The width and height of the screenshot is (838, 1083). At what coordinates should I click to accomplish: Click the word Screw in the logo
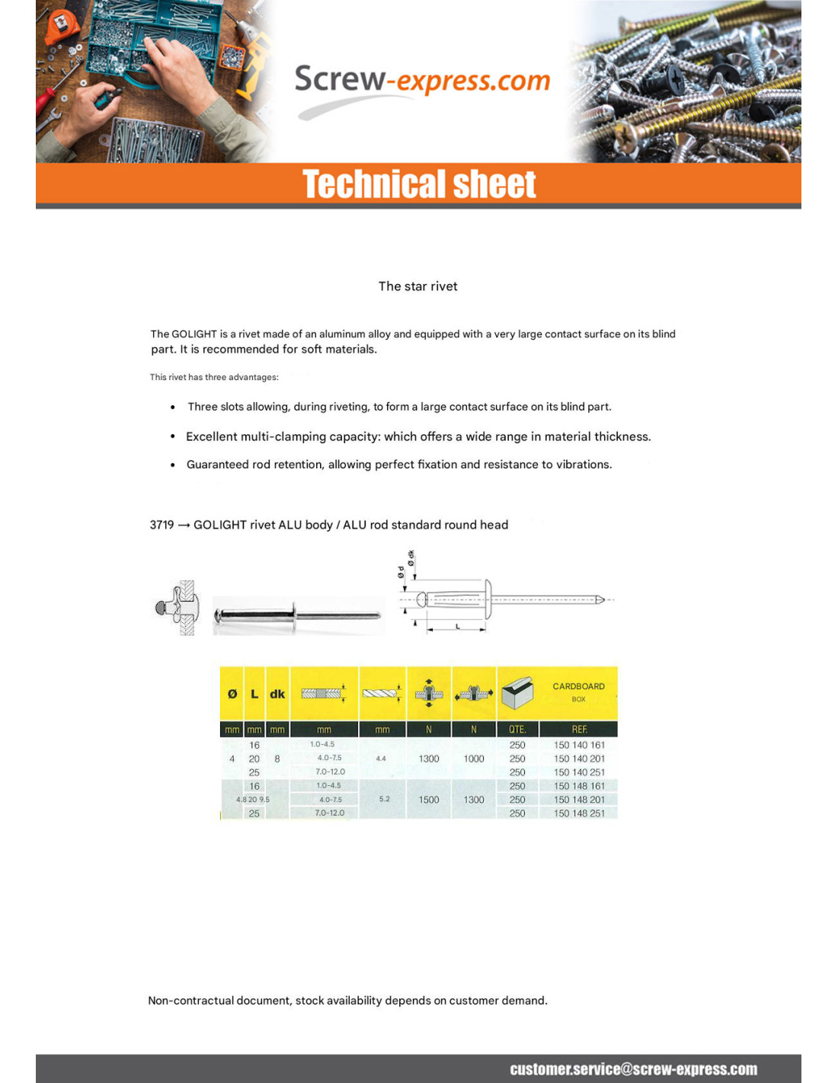pos(340,79)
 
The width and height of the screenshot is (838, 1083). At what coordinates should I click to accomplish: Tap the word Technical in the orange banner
pos(369,184)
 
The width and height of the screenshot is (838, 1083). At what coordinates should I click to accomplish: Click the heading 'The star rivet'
pos(417,286)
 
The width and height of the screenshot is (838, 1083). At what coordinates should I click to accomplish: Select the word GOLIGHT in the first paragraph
pos(194,334)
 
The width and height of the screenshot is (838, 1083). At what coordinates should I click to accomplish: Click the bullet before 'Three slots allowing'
pos(173,407)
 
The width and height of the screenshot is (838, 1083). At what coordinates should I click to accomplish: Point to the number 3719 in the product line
pos(162,525)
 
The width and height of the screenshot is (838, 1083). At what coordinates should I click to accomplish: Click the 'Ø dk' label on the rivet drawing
pos(411,557)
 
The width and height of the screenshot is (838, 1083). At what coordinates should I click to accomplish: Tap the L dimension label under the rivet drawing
pos(457,626)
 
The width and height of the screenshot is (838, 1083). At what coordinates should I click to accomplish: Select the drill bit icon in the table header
pos(382,693)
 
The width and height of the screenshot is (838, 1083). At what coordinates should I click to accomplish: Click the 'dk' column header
pos(277,694)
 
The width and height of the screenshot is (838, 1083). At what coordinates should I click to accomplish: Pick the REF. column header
pos(579,730)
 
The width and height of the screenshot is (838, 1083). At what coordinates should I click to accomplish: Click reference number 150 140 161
pos(579,745)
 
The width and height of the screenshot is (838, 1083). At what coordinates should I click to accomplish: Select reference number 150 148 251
pos(579,813)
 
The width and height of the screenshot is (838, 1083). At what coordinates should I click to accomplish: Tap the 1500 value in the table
pos(429,800)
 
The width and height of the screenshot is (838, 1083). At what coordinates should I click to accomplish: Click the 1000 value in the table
pos(474,759)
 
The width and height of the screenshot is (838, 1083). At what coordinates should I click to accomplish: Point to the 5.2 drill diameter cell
pos(384,799)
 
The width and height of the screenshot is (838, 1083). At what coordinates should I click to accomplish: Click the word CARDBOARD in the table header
pos(578,686)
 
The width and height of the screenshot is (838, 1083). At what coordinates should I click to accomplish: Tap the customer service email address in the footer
pos(633,1069)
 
